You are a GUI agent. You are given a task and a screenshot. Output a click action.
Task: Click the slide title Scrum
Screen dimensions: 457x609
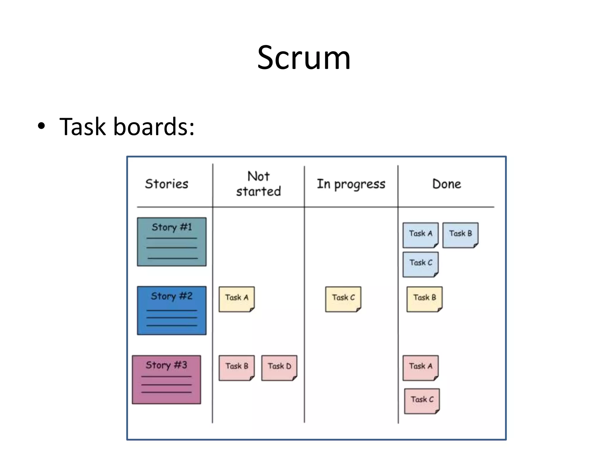pos(304,58)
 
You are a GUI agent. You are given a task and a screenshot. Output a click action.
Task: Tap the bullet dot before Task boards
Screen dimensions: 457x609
pos(41,126)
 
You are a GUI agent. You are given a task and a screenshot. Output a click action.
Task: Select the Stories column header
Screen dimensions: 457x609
pos(167,184)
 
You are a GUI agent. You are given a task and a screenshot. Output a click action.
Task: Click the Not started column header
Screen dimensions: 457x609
pos(258,184)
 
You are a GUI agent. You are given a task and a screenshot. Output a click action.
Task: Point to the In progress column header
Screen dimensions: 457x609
pos(351,184)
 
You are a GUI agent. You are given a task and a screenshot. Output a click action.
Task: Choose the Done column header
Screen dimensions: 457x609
pos(447,184)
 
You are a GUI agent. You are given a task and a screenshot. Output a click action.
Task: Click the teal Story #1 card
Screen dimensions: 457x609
pos(172,242)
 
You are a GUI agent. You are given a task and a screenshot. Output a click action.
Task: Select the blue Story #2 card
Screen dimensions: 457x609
pos(172,310)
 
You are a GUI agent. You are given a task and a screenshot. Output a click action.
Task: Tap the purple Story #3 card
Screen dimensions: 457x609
pos(167,379)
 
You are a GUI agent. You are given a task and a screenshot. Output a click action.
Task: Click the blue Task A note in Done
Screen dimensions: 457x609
pos(420,235)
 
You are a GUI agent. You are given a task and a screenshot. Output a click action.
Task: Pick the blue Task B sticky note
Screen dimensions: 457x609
pos(460,235)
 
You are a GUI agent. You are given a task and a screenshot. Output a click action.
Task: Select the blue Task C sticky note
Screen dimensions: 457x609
pos(420,264)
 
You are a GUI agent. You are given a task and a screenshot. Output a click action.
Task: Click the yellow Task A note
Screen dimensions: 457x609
pos(237,299)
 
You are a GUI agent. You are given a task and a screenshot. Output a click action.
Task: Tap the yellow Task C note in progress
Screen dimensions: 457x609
pos(343,299)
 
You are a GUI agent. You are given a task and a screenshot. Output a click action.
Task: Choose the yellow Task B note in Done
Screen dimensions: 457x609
pos(424,299)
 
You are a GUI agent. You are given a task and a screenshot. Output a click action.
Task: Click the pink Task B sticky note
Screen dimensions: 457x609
pos(237,368)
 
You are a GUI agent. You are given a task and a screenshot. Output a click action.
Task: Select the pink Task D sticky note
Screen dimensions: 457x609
pos(279,368)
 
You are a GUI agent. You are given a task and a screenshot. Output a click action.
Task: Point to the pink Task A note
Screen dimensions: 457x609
pos(420,368)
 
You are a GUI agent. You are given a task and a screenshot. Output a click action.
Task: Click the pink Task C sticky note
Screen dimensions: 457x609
pos(422,401)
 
